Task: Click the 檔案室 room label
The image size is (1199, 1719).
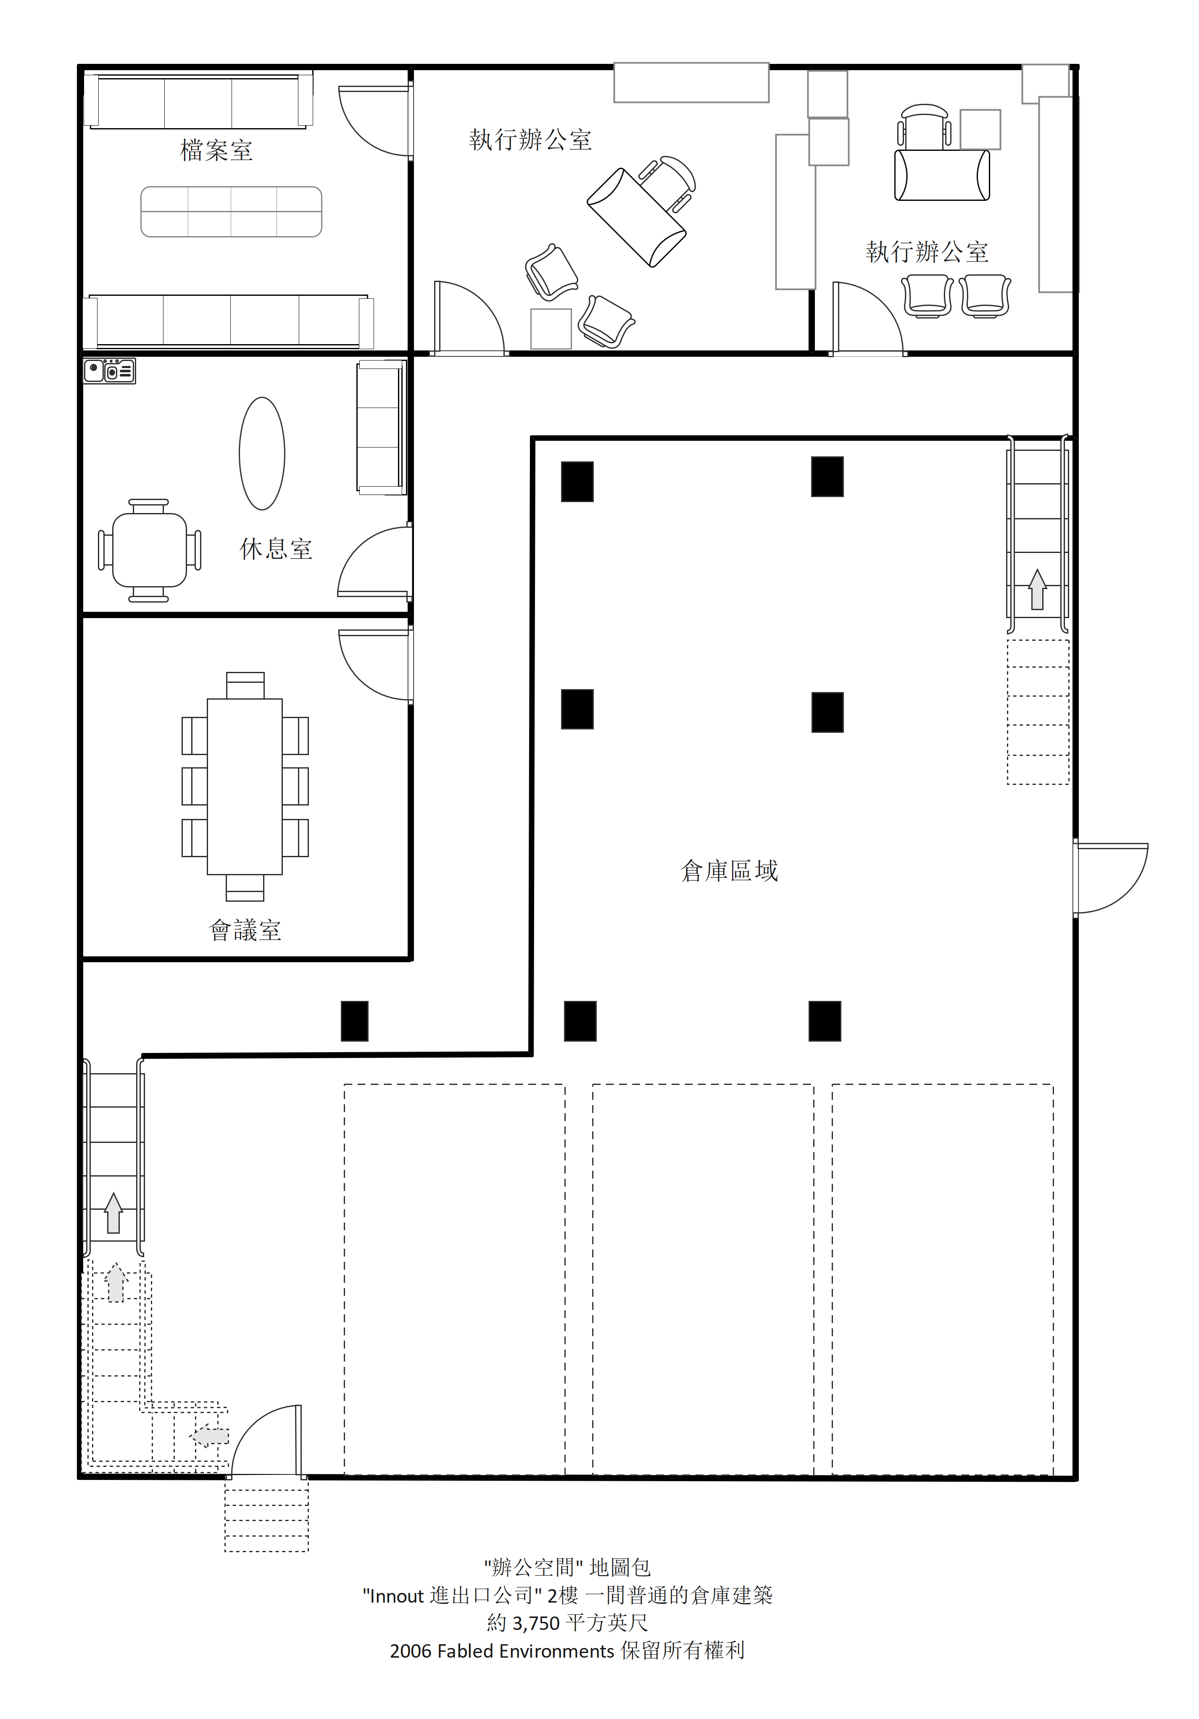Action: click(216, 150)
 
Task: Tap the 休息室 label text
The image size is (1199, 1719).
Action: click(276, 549)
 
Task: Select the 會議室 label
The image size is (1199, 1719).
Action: click(245, 931)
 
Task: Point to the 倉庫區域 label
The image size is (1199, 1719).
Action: click(730, 871)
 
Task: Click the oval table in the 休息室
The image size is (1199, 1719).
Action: click(262, 454)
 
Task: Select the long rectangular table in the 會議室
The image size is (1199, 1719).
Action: click(245, 786)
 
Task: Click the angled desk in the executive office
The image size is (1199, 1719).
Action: click(637, 217)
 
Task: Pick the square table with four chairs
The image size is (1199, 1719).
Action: click(149, 550)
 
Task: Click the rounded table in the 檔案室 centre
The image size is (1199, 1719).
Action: click(232, 212)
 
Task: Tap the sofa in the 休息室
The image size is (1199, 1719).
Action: click(381, 427)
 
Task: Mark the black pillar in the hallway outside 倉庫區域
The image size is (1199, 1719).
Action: click(354, 1021)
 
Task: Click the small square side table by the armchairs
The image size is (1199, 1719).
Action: click(551, 329)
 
